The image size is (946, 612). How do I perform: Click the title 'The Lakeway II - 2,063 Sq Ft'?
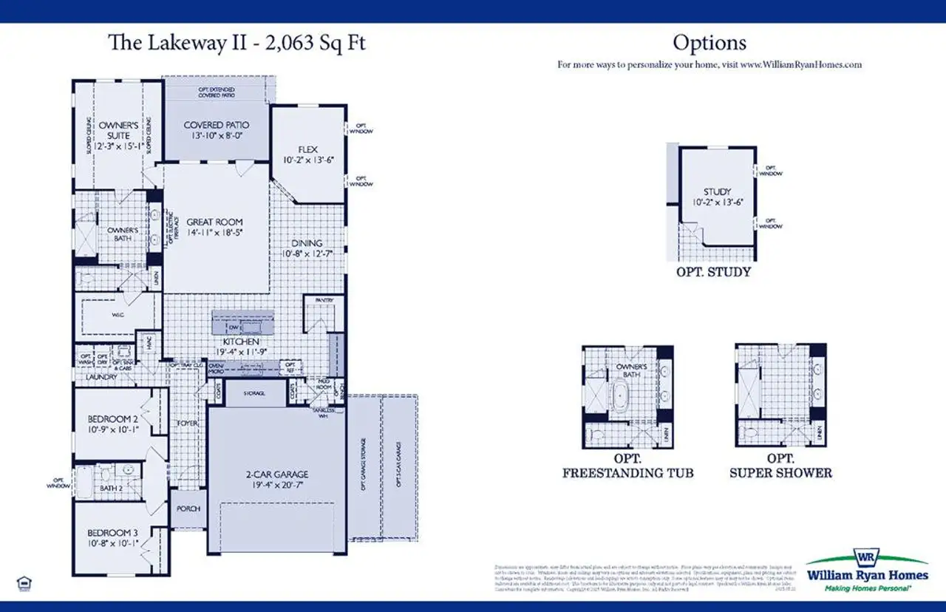pyautogui.click(x=236, y=42)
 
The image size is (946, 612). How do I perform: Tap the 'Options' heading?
pyautogui.click(x=709, y=43)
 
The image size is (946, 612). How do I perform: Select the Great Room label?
pyautogui.click(x=214, y=222)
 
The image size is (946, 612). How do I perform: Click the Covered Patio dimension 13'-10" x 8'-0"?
pyautogui.click(x=216, y=137)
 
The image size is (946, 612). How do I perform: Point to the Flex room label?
pyautogui.click(x=307, y=149)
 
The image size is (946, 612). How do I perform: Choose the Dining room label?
pyautogui.click(x=307, y=243)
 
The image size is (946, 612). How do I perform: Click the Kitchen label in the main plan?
pyautogui.click(x=242, y=342)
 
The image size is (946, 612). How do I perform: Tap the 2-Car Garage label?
pyautogui.click(x=278, y=475)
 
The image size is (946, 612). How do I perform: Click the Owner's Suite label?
pyautogui.click(x=118, y=130)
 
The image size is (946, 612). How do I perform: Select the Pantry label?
pyautogui.click(x=324, y=300)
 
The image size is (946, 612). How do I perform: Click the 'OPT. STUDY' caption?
pyautogui.click(x=713, y=272)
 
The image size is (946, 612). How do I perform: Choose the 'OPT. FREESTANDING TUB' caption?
pyautogui.click(x=627, y=466)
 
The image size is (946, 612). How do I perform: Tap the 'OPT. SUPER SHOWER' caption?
pyautogui.click(x=780, y=466)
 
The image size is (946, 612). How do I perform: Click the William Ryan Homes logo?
pyautogui.click(x=866, y=570)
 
